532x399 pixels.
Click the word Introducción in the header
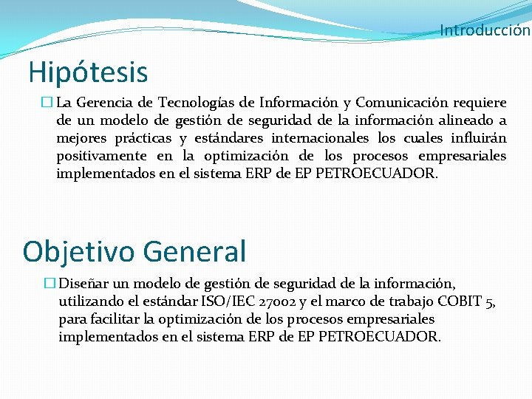[x=485, y=30]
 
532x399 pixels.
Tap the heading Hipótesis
[x=88, y=72]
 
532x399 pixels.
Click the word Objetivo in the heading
[x=78, y=251]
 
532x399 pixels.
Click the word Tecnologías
[x=197, y=103]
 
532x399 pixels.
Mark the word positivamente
[x=102, y=156]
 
